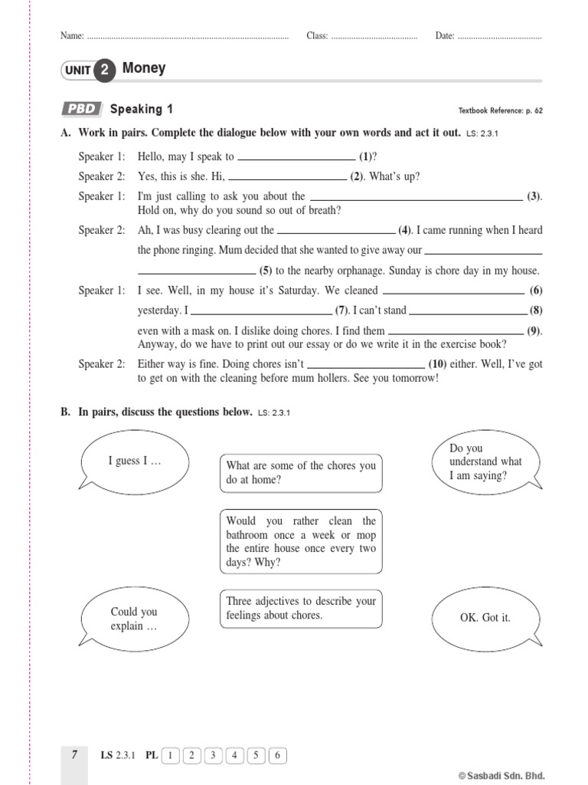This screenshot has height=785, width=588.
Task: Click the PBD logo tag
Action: coord(81,110)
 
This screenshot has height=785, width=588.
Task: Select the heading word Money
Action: coord(144,68)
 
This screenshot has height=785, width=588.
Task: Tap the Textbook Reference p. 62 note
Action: coord(500,110)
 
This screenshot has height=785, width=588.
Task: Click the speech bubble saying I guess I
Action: coord(135,461)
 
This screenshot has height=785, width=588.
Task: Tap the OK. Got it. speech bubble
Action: coord(485,617)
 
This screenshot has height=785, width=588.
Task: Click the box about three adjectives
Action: coord(301,609)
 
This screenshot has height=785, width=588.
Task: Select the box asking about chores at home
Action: coord(301,473)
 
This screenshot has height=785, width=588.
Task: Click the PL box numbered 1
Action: coord(169,756)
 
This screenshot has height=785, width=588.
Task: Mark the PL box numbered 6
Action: coord(278,756)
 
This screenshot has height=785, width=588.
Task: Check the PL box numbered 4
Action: coord(234,756)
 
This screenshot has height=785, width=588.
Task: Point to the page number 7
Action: coord(74,755)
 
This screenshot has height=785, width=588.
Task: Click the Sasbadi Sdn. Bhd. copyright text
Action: coord(501,775)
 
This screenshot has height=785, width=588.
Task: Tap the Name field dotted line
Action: coord(188,36)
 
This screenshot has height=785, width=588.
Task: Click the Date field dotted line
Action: coord(499,36)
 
